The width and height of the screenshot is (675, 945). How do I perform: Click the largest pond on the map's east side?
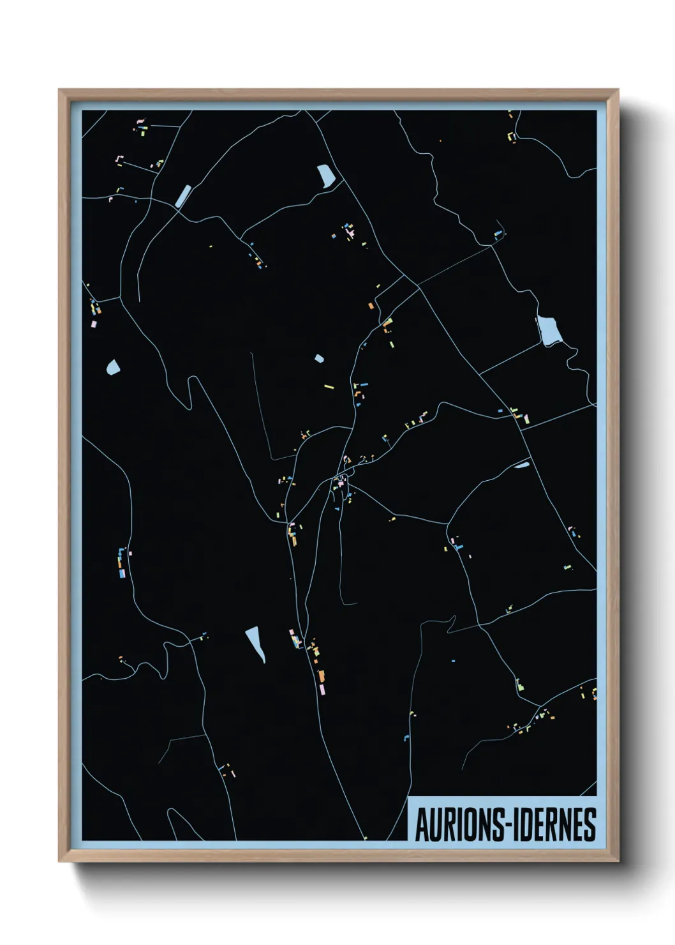click(x=549, y=329)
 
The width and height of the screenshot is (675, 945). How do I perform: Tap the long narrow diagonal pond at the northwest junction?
click(x=183, y=195)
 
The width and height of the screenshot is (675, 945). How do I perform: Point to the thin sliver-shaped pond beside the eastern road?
click(x=522, y=465)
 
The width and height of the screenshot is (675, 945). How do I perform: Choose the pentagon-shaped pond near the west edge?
click(x=113, y=367)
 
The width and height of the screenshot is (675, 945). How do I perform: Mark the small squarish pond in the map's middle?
click(x=319, y=359)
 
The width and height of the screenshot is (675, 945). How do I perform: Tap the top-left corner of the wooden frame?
click(x=59, y=90)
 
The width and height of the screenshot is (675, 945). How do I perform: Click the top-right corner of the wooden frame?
click(x=618, y=90)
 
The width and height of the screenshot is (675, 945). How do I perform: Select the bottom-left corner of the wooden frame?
click(x=59, y=861)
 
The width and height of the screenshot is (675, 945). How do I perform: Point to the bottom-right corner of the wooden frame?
click(x=618, y=861)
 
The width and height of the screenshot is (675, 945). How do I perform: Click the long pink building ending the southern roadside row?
click(x=323, y=690)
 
